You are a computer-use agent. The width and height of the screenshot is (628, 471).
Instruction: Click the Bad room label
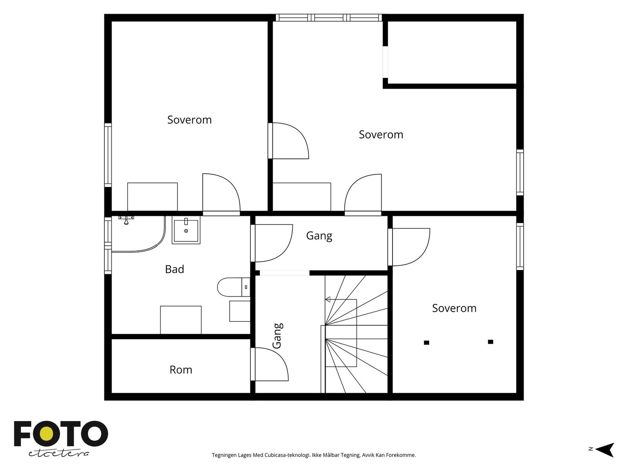tap(175, 269)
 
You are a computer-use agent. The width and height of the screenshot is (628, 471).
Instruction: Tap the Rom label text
tap(181, 370)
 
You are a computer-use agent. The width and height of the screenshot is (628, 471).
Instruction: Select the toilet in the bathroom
tap(234, 287)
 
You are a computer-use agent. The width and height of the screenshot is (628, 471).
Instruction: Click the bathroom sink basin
tap(186, 230)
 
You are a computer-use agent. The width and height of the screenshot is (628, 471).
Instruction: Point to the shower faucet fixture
tap(126, 220)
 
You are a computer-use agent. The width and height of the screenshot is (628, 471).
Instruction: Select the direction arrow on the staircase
tap(328, 299)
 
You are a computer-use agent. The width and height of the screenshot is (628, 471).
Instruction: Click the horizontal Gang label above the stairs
tap(319, 235)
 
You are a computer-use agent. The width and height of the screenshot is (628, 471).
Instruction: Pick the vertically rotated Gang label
tap(277, 336)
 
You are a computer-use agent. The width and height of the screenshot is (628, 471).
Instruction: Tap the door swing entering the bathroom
tap(272, 243)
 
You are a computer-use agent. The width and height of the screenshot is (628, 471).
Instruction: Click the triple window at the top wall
tap(329, 18)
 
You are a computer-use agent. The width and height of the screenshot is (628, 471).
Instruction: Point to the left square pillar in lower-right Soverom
tap(426, 343)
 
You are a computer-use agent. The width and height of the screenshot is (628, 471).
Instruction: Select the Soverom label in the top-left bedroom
tap(190, 120)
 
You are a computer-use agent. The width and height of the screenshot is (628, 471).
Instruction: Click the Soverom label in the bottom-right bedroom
tap(454, 308)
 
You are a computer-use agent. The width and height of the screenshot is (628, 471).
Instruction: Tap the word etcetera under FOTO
tap(58, 454)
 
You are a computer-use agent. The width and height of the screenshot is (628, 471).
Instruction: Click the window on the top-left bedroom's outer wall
tap(108, 155)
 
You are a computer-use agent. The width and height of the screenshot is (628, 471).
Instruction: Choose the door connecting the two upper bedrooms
tap(289, 141)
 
